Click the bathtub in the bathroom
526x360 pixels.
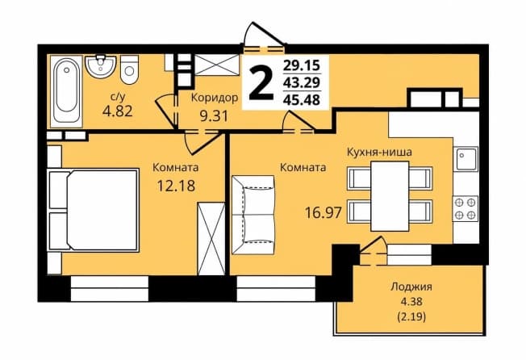66,91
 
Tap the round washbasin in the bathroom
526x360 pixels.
100,65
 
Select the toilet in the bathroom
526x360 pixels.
129,69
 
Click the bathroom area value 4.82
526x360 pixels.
118,111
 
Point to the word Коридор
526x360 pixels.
215,98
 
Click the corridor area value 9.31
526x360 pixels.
214,116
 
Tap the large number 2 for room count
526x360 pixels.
261,83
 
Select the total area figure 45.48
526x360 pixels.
302,99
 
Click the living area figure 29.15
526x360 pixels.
302,65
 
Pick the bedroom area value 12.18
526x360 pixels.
176,185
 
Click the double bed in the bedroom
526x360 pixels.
94,211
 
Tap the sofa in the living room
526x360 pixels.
253,215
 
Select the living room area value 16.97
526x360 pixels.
323,212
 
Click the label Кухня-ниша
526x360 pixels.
379,152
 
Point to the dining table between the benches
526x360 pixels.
390,196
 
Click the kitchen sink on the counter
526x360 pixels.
465,159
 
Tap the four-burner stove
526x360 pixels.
465,208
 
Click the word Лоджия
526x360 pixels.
411,287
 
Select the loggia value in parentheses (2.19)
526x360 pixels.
411,316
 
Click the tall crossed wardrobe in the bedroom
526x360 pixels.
211,239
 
